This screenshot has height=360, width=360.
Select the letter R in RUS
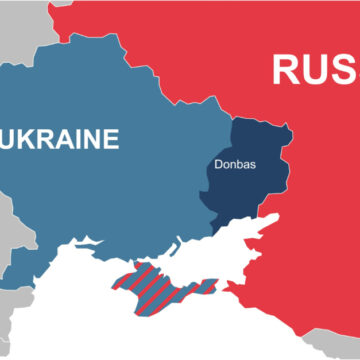287,70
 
